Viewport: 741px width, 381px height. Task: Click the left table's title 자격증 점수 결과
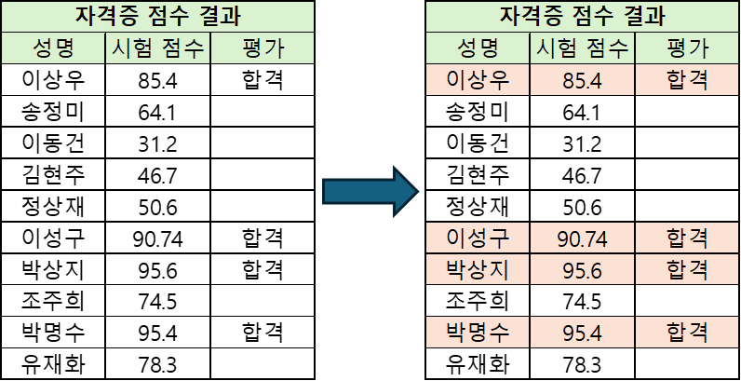[x=155, y=17]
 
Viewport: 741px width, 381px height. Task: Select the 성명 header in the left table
[x=53, y=49]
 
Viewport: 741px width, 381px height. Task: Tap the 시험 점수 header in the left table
[x=157, y=49]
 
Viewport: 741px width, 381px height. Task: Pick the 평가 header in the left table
[x=262, y=49]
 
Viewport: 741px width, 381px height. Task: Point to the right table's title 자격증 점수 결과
[x=583, y=17]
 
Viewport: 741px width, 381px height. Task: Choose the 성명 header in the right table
[x=478, y=49]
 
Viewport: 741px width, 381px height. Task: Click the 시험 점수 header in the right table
[x=583, y=49]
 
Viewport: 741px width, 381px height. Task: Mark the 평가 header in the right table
[x=688, y=49]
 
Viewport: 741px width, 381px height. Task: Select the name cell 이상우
[x=478, y=81]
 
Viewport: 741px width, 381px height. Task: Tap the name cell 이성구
[x=478, y=238]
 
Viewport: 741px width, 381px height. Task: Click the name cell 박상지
[x=478, y=269]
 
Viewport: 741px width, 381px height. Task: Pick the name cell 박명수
[x=478, y=332]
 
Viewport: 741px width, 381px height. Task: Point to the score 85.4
[x=583, y=81]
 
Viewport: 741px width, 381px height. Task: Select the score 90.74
[x=583, y=238]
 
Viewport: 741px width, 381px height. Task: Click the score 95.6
[x=583, y=269]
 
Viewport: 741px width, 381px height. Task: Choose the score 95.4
[x=583, y=332]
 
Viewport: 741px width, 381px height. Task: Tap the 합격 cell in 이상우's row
[x=688, y=81]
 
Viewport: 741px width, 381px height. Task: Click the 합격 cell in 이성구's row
[x=688, y=238]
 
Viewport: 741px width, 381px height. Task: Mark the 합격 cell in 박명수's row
[x=688, y=332]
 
